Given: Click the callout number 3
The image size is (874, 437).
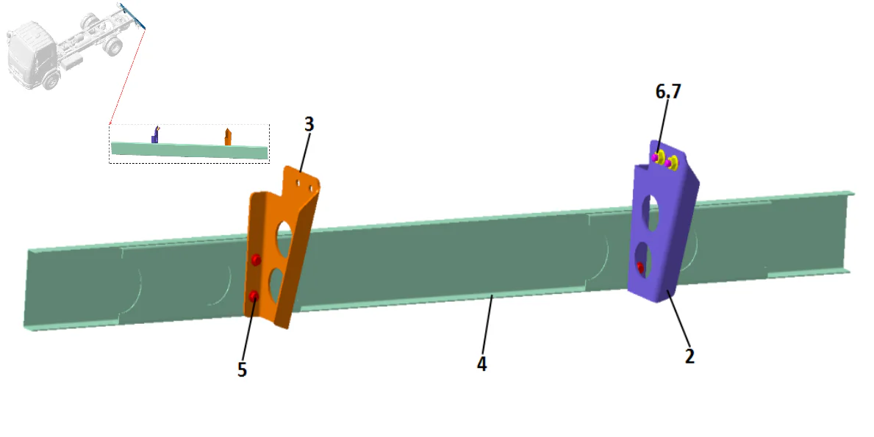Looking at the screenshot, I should (x=309, y=125).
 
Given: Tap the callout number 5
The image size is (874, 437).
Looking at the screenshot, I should (x=242, y=369).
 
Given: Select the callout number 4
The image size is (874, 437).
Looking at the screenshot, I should (x=481, y=364).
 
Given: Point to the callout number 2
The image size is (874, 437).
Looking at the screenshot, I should (x=689, y=356).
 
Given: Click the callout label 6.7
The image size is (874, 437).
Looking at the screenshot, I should (x=668, y=92).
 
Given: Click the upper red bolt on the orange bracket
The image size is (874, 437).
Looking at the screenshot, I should (x=256, y=259).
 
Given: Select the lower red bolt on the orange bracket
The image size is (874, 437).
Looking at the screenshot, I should (x=254, y=295).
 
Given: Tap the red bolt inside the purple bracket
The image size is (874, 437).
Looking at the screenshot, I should (x=640, y=267).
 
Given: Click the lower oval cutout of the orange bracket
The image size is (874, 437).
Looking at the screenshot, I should (x=277, y=283).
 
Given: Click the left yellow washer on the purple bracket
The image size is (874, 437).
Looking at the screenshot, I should (x=659, y=156).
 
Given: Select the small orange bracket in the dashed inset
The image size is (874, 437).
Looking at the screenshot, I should (x=228, y=137).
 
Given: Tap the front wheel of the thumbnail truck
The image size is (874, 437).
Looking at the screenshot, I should (x=51, y=80).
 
